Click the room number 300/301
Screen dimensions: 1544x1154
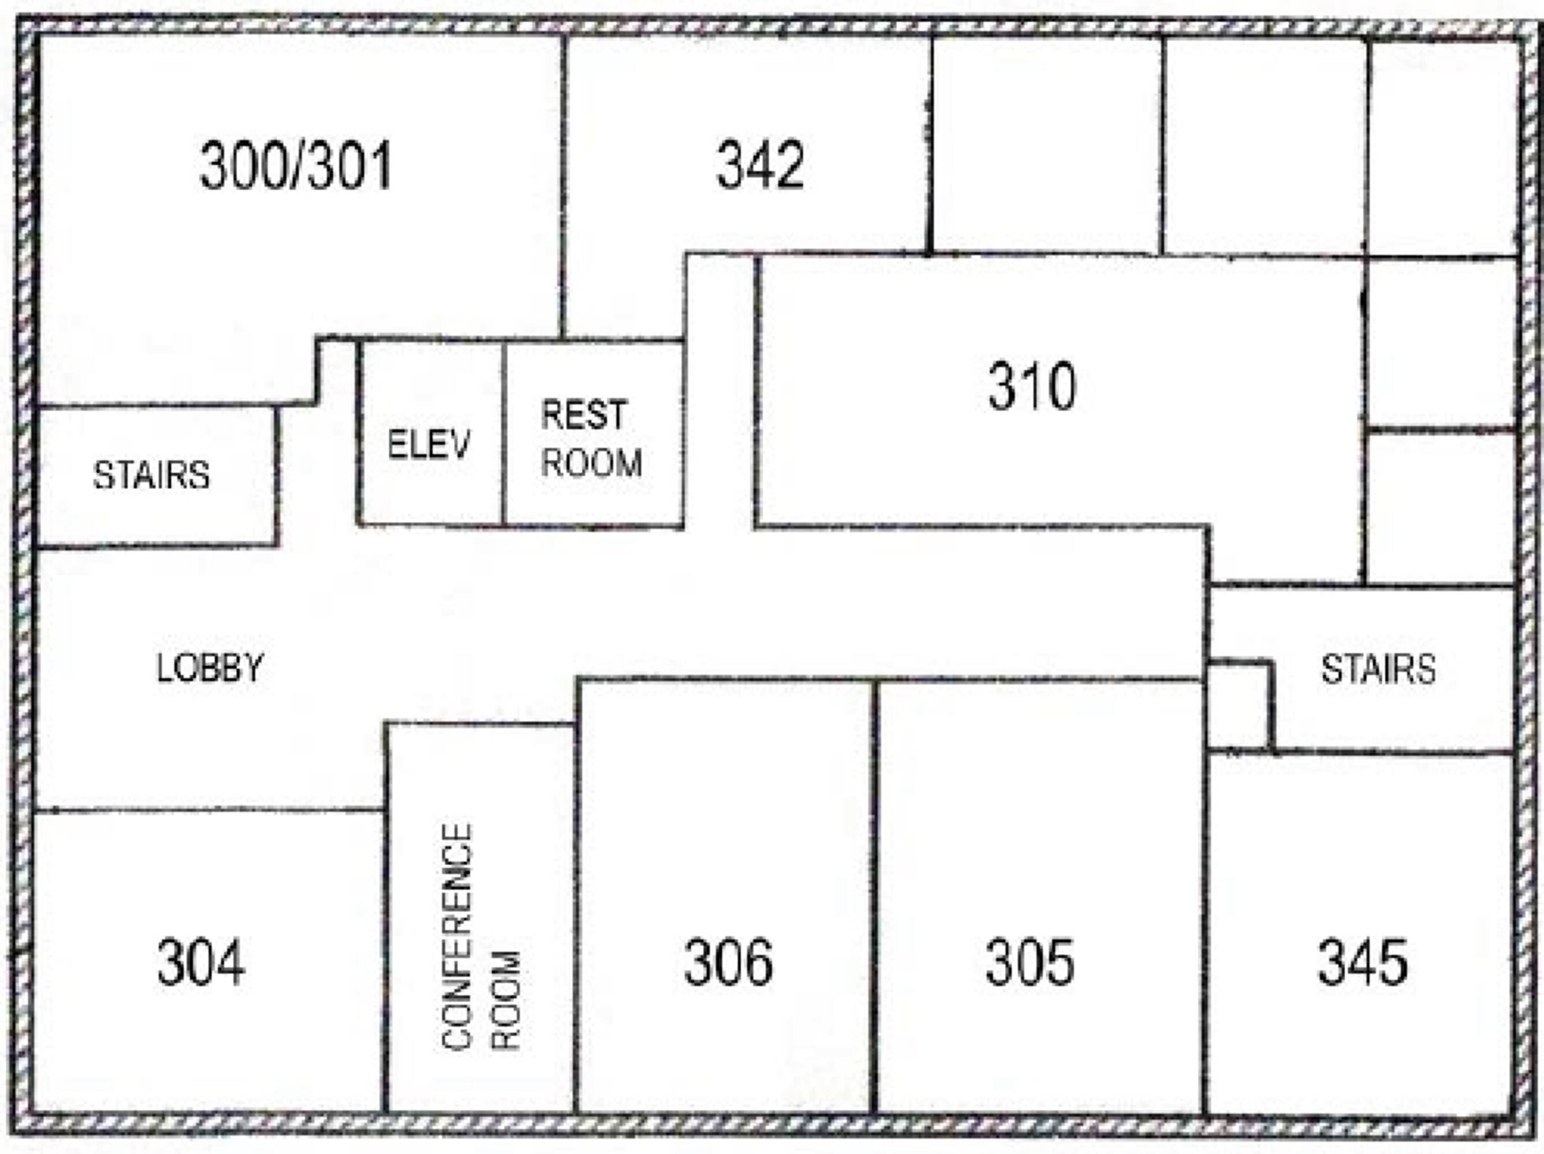[296, 166]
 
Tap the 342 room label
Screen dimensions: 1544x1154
[760, 166]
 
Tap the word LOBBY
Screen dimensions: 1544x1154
[210, 668]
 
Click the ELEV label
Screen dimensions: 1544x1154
[429, 444]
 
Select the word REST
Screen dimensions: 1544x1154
[584, 415]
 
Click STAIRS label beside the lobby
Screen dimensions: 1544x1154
[151, 475]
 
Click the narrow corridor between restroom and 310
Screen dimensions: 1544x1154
[721, 391]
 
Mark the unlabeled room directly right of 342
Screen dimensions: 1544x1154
[1047, 145]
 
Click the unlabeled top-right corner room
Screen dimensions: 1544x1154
[1444, 147]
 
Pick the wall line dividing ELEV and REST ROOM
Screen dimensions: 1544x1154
[502, 433]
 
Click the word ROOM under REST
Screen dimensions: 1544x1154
[592, 463]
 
